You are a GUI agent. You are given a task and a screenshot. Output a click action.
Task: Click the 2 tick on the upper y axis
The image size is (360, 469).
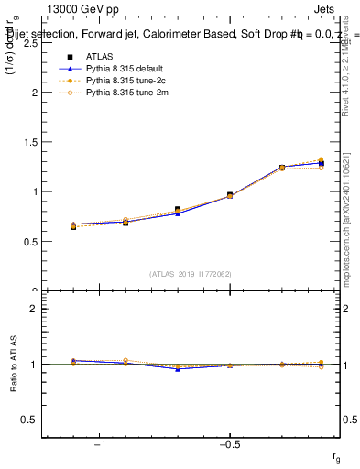[35, 93]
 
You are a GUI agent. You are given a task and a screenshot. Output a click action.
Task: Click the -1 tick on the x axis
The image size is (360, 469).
[100, 444]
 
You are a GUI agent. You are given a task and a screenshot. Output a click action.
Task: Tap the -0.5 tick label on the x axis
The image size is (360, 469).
[229, 444]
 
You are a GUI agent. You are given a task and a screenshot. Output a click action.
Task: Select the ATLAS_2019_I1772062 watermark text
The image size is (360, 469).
[191, 273]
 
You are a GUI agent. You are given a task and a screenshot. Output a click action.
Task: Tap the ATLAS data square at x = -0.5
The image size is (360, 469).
[230, 195]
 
